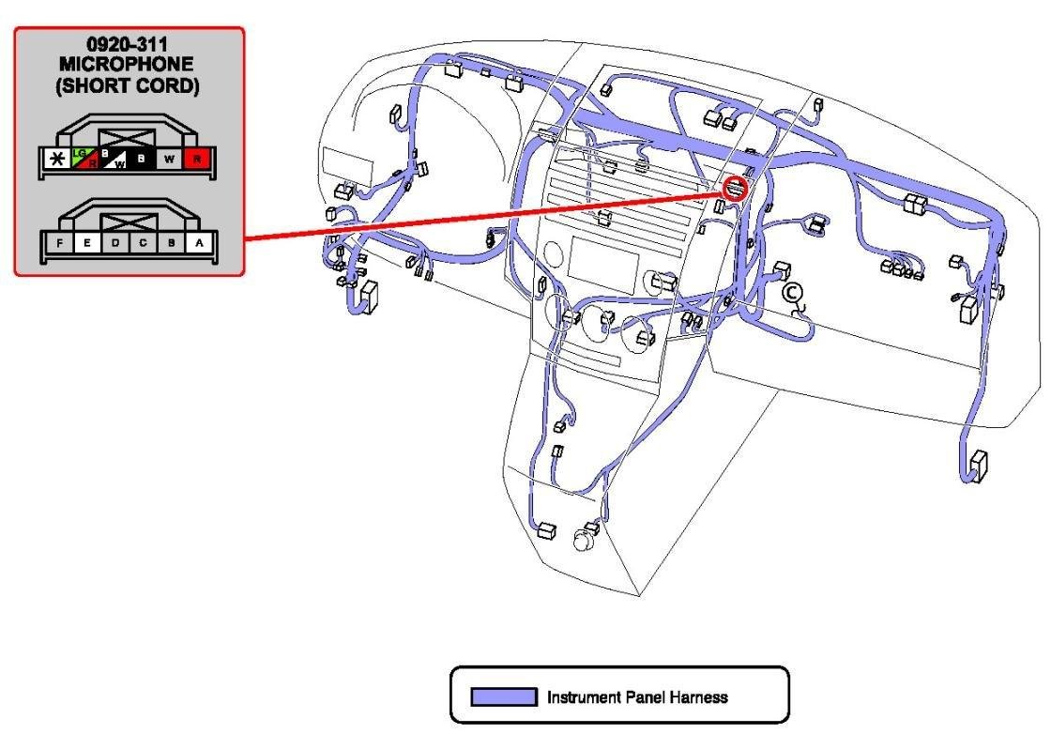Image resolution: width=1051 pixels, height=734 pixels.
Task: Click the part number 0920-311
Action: click(129, 43)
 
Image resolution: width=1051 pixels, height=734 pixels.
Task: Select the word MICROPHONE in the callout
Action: click(129, 64)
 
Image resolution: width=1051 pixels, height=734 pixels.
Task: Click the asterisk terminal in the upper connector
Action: click(57, 160)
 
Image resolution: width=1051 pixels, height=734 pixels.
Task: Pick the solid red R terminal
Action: click(197, 160)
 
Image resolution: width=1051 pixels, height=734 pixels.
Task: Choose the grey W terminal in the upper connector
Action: click(170, 160)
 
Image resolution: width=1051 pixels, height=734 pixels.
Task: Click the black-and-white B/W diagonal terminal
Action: click(114, 160)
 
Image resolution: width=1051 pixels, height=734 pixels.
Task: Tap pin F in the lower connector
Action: click(59, 243)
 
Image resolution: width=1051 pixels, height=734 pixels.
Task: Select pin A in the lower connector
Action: click(198, 243)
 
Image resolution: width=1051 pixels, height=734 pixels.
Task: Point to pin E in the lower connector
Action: click(86, 243)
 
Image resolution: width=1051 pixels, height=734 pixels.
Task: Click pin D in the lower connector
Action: click(114, 243)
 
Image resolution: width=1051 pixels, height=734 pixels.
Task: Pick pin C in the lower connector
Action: click(143, 243)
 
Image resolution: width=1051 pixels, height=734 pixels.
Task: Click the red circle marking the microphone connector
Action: click(736, 189)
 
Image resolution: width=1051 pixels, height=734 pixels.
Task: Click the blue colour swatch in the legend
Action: click(503, 697)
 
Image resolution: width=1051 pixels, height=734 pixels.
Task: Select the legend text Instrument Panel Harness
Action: click(637, 697)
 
